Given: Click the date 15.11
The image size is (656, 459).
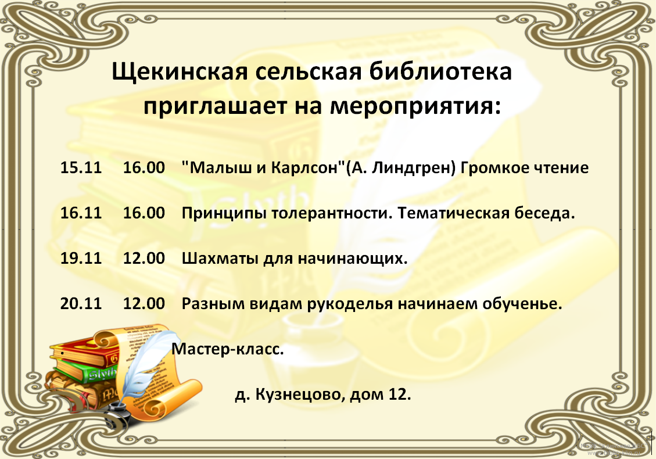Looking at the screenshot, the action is (81, 167).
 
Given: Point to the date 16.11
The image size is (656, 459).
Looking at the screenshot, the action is (81, 213).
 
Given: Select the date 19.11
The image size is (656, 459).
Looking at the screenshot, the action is (81, 258).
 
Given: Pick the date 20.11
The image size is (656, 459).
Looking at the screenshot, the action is (81, 303).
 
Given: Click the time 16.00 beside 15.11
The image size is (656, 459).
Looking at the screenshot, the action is (144, 167).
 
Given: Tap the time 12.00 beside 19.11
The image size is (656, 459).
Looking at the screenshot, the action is (144, 258).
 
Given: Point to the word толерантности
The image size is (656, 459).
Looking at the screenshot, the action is (332, 213).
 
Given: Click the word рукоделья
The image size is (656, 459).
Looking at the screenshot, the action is (350, 304).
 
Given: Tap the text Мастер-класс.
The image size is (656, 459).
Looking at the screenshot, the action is (228, 349).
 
